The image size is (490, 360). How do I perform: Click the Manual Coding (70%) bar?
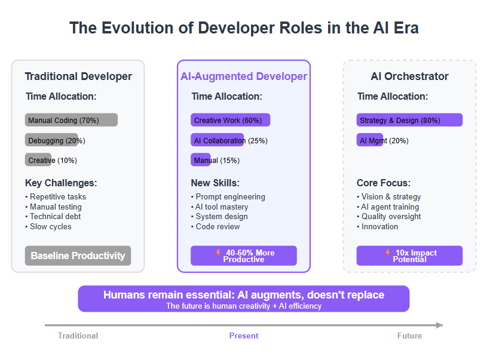71,120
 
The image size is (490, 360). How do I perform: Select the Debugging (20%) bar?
51,140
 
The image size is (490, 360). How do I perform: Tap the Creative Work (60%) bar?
230,120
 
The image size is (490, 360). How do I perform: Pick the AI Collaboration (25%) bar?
217,140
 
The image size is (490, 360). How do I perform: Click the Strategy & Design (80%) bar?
409,120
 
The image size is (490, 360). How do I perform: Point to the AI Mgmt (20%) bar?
370,140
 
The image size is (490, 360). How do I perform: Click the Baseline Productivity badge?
78,256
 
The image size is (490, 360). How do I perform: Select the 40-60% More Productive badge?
244,256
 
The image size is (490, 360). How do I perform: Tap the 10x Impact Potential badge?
409,256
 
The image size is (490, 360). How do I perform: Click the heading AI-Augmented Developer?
244,76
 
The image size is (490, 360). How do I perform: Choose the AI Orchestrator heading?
409,76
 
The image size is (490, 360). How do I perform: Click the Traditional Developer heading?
78,76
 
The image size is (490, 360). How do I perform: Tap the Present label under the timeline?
244,336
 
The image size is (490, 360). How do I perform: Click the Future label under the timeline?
409,336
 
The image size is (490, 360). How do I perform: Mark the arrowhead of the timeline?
439,325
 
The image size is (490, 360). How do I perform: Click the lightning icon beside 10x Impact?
387,253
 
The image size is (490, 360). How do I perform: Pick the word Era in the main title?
406,28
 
